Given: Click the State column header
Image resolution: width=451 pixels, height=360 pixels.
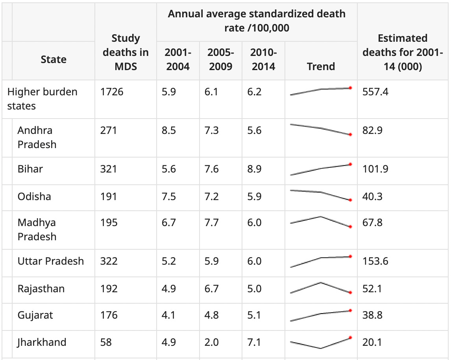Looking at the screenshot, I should pyautogui.click(x=54, y=59).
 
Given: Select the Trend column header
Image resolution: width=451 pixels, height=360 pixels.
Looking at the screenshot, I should pyautogui.click(x=321, y=66).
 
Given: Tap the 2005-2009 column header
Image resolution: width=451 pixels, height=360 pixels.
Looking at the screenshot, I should pyautogui.click(x=220, y=59).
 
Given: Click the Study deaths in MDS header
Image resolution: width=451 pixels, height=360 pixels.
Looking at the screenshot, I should pyautogui.click(x=126, y=52).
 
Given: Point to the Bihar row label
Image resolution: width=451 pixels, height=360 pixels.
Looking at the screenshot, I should pyautogui.click(x=30, y=169).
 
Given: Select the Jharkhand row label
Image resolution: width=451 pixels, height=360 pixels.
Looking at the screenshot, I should pyautogui.click(x=42, y=342).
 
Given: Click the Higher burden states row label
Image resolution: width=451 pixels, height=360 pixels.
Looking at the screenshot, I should pyautogui.click(x=43, y=99).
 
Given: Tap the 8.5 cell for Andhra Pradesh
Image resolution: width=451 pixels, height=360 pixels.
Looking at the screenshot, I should pyautogui.click(x=168, y=130).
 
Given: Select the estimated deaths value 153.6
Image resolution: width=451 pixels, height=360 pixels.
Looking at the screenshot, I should pyautogui.click(x=375, y=261).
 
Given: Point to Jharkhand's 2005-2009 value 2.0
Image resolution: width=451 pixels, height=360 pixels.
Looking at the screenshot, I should pyautogui.click(x=211, y=342).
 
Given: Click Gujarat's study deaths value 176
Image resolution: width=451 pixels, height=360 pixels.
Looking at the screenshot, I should pyautogui.click(x=109, y=315).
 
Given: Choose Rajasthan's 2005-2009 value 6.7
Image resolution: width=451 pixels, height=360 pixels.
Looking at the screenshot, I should pyautogui.click(x=211, y=289).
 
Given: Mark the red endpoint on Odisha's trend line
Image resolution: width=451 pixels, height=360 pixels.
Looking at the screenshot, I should pyautogui.click(x=350, y=200).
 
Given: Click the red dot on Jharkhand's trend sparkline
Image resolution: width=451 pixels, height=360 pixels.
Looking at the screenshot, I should pyautogui.click(x=350, y=338).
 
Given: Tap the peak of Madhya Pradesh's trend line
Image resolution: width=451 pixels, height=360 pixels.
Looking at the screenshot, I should pyautogui.click(x=321, y=216).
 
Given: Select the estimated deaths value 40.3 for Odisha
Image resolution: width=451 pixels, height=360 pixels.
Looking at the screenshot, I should pyautogui.click(x=372, y=196).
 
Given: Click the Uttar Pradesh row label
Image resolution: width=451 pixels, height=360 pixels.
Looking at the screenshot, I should pyautogui.click(x=51, y=261).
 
